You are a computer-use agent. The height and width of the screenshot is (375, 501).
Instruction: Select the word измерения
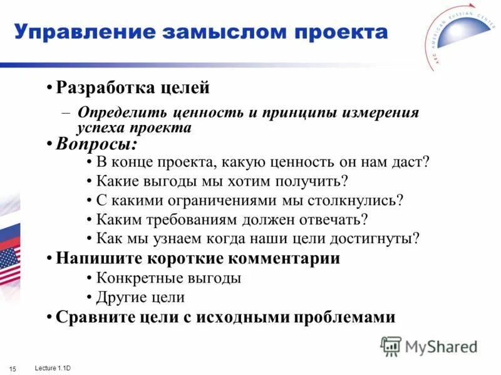pos(382,113)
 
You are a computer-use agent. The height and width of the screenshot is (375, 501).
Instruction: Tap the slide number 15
pos(13,366)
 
